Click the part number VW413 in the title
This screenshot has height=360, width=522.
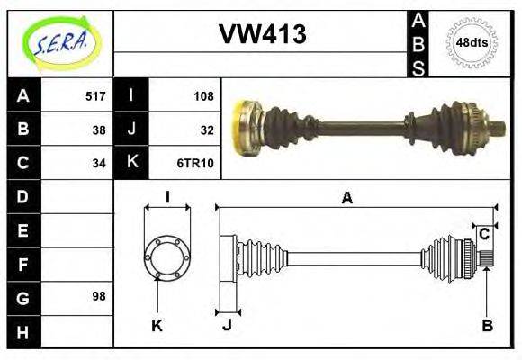tap(262, 34)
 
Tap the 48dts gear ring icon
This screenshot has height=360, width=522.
tap(472, 42)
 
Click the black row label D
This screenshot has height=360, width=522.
tap(22, 196)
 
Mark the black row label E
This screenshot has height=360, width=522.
tap(22, 229)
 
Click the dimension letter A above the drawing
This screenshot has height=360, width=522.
tap(346, 198)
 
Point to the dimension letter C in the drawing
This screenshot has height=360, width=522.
tap(484, 234)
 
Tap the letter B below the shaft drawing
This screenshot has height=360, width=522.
tap(487, 326)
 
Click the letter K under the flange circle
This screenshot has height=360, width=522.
tap(156, 326)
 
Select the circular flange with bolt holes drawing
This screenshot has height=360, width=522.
tap(167, 257)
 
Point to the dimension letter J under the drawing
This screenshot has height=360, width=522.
tap(227, 326)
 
